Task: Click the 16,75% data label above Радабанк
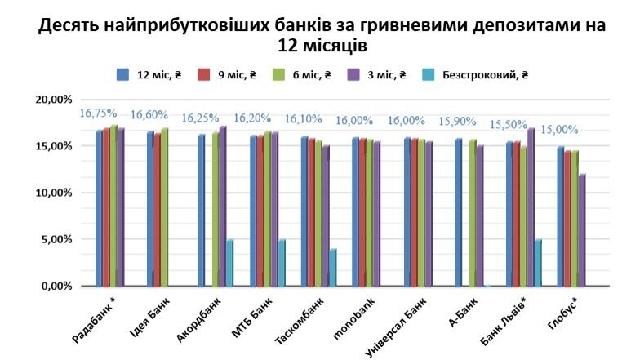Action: tap(98, 113)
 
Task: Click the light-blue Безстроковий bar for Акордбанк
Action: tap(230, 263)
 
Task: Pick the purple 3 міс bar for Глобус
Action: tap(581, 230)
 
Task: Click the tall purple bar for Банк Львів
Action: tap(531, 207)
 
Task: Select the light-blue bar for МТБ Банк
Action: tap(282, 263)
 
